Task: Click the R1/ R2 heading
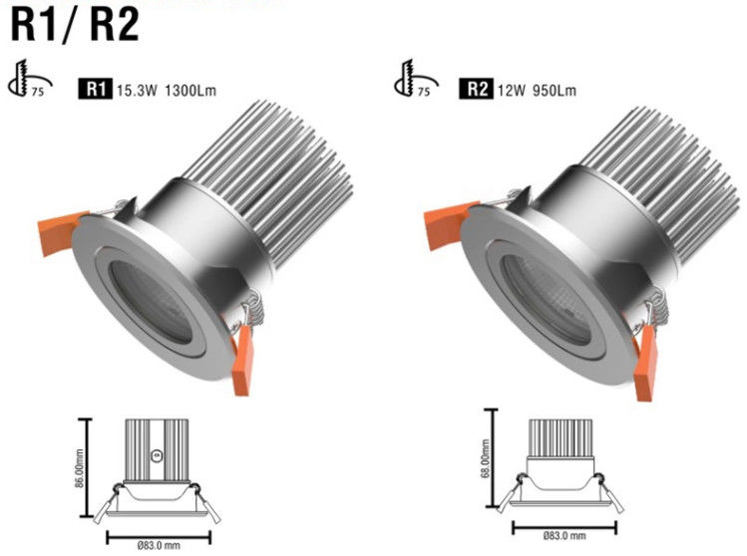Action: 75,25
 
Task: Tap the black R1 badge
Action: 96,89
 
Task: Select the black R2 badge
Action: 477,89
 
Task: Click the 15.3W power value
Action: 137,90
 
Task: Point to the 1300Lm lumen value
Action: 190,90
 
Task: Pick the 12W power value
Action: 512,90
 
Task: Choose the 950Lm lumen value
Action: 555,90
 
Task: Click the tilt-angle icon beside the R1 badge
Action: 30,79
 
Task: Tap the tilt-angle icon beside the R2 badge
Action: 416,79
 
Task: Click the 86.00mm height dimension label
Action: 80,468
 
